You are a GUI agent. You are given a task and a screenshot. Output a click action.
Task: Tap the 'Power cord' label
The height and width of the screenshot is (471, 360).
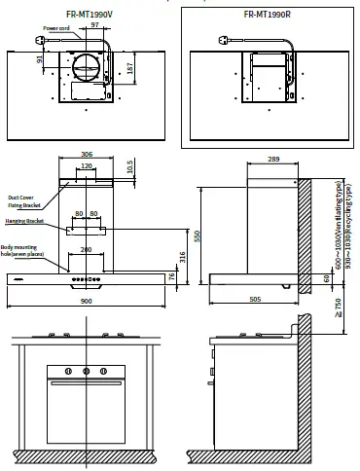point(56,30)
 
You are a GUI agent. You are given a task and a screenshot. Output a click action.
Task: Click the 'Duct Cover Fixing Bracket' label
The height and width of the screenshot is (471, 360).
point(25,200)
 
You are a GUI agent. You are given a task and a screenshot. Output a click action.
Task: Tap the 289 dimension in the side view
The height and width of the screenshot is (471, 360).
point(273,158)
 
